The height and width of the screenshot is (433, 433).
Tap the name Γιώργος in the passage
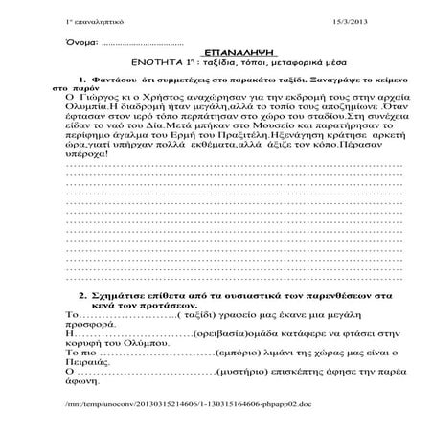103,98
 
